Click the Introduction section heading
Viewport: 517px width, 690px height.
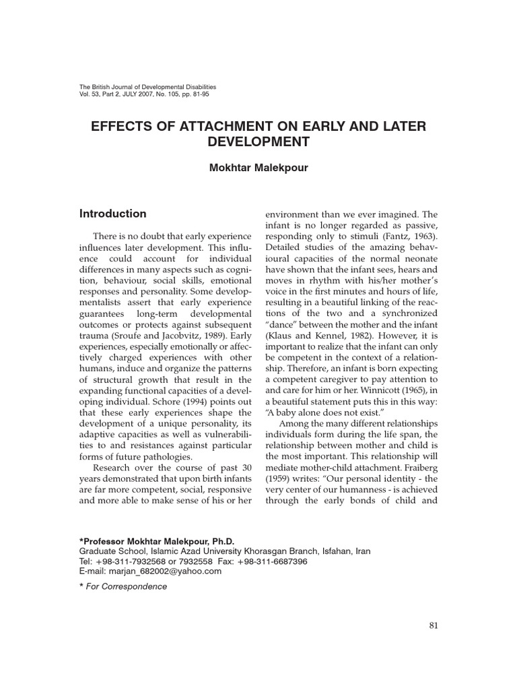pos(112,214)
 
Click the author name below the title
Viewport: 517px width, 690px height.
pos(259,168)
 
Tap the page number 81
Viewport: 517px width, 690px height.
pos(434,625)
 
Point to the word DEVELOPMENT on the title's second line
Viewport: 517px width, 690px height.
pos(259,142)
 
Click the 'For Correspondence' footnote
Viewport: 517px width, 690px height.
pos(127,586)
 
